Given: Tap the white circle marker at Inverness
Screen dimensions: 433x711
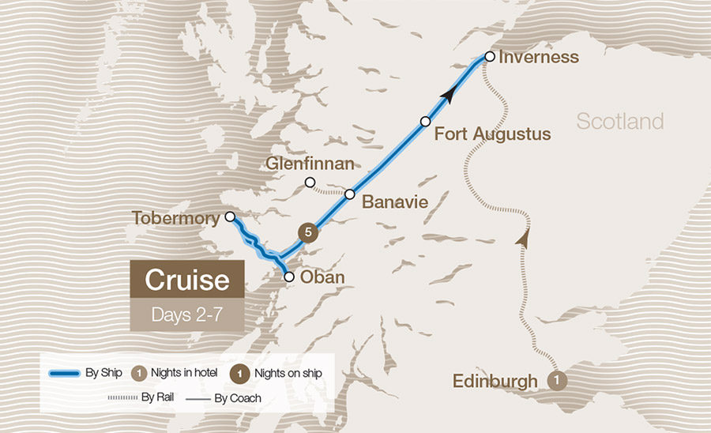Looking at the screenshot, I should tap(490, 57).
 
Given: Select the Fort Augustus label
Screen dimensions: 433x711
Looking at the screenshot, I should tap(492, 134).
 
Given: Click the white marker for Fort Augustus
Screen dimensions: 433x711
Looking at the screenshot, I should tap(425, 121).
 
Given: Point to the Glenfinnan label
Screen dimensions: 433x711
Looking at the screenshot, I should tap(310, 164).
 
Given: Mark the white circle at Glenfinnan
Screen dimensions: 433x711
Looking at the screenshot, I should tap(310, 183).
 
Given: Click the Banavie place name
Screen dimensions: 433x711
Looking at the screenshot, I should tap(394, 202).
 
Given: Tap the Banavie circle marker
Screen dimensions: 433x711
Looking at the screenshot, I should tap(348, 194).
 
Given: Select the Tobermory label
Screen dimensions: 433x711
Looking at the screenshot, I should tap(175, 217).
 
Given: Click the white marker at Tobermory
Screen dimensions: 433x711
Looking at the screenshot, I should tap(230, 216).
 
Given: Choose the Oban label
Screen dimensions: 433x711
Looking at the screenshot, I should tap(323, 277).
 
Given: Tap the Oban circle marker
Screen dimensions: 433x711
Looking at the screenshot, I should tap(289, 277).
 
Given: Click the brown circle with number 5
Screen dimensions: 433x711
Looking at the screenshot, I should tap(308, 232).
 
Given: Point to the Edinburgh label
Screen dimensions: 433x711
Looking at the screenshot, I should tap(495, 381).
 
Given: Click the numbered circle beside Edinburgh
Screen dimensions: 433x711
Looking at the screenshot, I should tap(557, 381).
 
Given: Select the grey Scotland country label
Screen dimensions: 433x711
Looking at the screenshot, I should tap(619, 122).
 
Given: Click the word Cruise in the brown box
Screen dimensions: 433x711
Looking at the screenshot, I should tap(186, 281).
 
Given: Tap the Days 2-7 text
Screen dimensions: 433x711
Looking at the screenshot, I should tap(186, 314).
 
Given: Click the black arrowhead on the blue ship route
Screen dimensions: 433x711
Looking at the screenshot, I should tap(448, 96).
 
